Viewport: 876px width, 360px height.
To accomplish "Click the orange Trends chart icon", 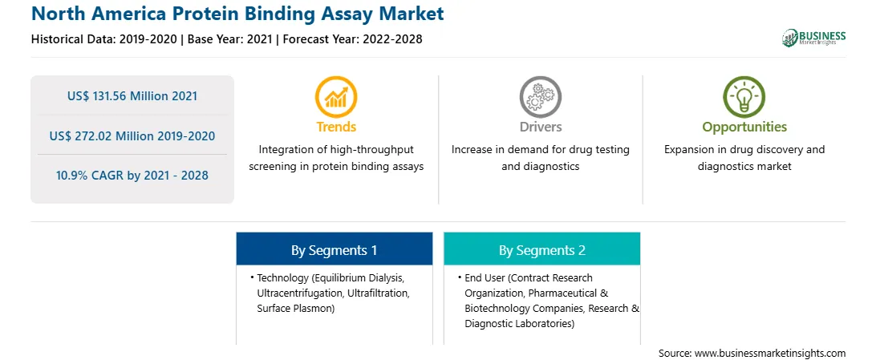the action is pos(336,97).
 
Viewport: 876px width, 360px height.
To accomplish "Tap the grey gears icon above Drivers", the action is pos(540,97).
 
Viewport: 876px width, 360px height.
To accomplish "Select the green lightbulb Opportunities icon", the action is pos(744,97).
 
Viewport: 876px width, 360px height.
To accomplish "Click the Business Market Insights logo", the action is pos(813,38).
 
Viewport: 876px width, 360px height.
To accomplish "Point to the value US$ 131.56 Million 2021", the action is pos(132,96).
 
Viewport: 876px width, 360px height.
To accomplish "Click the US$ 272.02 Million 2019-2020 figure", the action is pos(132,136).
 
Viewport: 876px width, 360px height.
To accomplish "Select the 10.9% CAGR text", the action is pos(132,176).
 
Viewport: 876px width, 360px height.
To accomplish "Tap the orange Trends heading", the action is pos(336,127).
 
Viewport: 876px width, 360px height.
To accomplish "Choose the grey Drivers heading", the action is pos(540,127).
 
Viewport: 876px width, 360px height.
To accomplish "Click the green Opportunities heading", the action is pos(744,127).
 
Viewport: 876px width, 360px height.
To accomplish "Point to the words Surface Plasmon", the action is pos(294,308).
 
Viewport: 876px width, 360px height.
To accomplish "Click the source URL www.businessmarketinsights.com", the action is pos(769,354).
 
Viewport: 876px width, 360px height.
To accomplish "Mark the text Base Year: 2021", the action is pos(230,39).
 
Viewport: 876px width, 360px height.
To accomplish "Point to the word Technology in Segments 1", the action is pos(282,278).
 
